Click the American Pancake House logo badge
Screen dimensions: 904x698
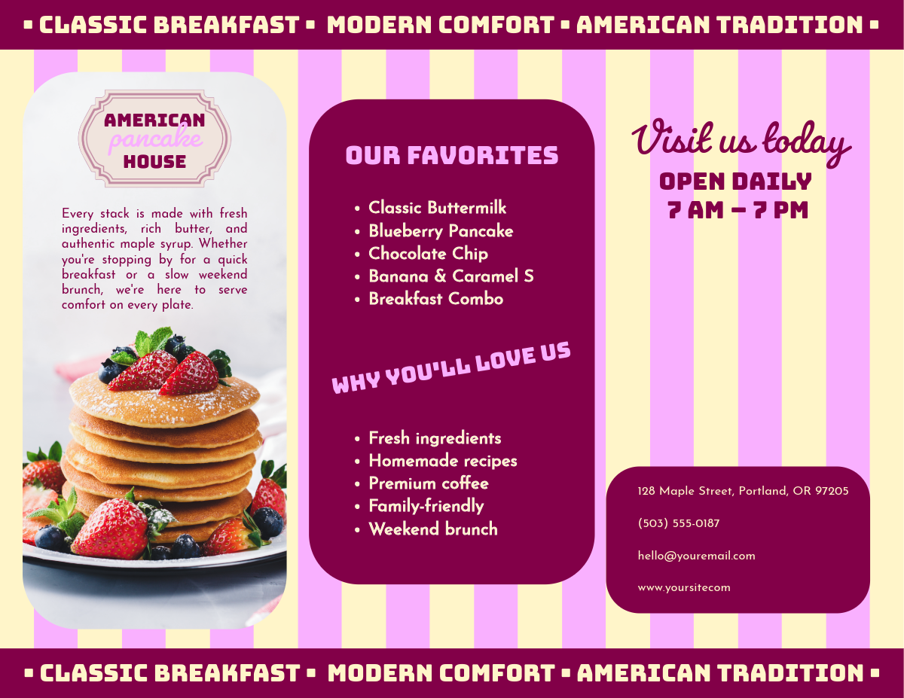[x=154, y=139]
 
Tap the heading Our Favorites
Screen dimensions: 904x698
[x=452, y=155]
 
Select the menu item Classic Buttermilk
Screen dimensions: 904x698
[x=437, y=208]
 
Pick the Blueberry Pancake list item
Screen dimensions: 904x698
[x=441, y=231]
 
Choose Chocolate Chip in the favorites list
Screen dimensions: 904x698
[x=428, y=254]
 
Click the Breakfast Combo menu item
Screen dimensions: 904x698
[x=436, y=299]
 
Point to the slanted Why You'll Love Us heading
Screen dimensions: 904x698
[x=451, y=368]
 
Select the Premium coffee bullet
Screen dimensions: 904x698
[x=429, y=483]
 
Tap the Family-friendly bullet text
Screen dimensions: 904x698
[x=426, y=506]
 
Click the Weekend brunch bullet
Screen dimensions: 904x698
[x=433, y=529]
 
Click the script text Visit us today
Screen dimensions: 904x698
[x=741, y=142]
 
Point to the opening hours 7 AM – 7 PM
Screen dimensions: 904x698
[x=738, y=210]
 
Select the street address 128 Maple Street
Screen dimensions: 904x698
[x=743, y=491]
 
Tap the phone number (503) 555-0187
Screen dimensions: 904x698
[x=679, y=523]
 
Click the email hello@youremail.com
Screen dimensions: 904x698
[x=696, y=556]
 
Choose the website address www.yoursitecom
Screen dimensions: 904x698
[x=684, y=588]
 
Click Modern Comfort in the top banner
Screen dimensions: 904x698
[x=441, y=25]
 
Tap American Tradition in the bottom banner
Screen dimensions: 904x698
[x=720, y=673]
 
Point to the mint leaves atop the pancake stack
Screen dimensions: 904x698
[x=153, y=340]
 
